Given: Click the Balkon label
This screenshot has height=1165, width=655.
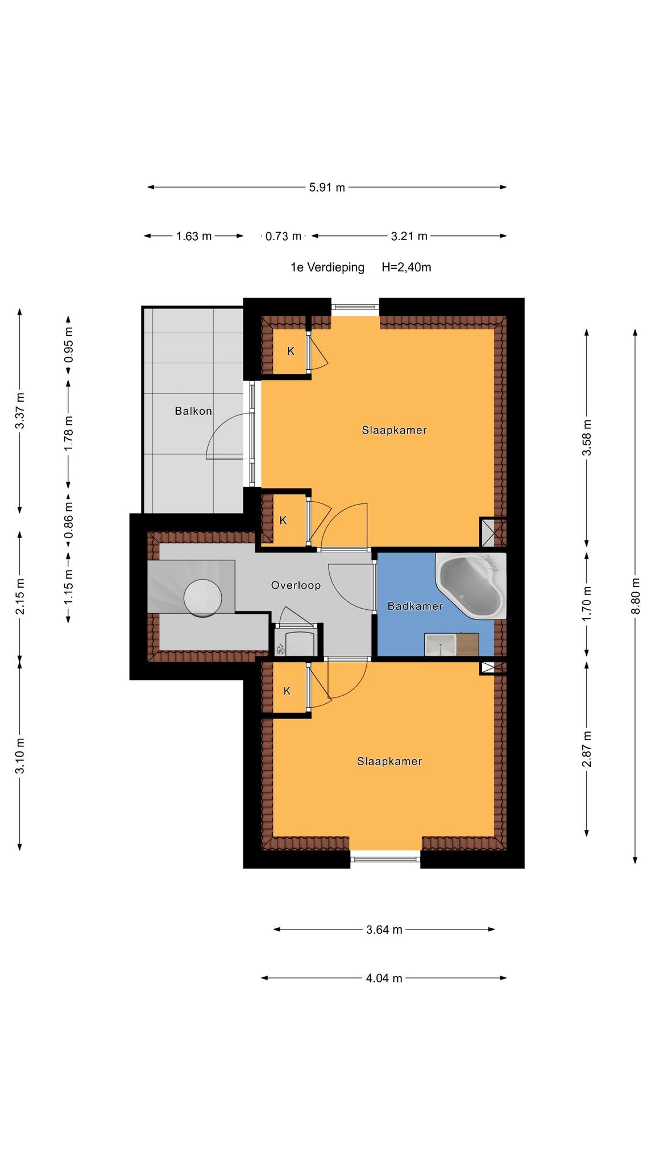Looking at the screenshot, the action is pos(193,411).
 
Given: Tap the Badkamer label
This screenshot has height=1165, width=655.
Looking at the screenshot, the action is pos(415,606).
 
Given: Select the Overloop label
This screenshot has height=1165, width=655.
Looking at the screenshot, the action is pos(296,585).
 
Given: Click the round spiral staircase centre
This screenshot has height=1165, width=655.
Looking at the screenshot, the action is pos(203,597).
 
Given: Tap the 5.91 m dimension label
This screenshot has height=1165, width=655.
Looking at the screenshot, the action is pos(327,187).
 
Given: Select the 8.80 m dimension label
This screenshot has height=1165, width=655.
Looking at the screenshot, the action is pos(636,596).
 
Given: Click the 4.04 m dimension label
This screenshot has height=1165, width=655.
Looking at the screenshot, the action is pos(384,978).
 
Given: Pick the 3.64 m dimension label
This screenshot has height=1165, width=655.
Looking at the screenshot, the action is pos(384,929).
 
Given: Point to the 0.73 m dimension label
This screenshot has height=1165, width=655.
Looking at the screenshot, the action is pos(283,236).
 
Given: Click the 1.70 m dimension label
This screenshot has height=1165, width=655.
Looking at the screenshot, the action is pos(587,603).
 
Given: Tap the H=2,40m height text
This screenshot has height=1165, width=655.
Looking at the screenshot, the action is pos(407,267).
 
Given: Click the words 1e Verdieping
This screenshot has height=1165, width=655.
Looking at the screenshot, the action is pos(327,267).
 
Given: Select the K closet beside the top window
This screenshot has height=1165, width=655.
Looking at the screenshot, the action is pos(291,351).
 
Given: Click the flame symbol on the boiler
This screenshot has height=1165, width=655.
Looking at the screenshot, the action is pos(280,648).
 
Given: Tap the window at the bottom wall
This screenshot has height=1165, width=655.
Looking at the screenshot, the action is pos(385,859).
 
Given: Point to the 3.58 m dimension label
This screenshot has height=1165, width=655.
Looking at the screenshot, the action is pos(587,437).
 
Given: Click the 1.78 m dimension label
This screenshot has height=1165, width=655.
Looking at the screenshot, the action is pos(68,433).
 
